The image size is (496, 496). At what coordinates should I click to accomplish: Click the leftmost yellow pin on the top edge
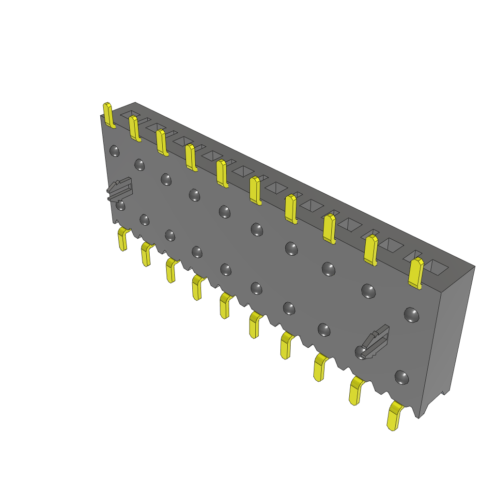point(109,115)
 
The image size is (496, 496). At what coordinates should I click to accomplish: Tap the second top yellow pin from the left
point(135,128)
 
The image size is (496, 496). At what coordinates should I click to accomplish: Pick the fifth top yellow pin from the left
point(222,173)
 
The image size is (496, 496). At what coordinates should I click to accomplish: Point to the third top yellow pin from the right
point(329,228)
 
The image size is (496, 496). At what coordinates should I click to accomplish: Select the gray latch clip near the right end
point(376,341)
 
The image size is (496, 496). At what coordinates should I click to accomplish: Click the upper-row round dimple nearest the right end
point(412,315)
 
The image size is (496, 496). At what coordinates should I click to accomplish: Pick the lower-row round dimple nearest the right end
point(401,376)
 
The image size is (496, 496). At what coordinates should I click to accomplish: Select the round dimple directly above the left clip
point(114,151)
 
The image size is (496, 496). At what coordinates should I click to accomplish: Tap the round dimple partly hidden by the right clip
point(361,352)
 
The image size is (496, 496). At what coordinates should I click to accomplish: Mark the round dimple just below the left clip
point(121,206)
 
